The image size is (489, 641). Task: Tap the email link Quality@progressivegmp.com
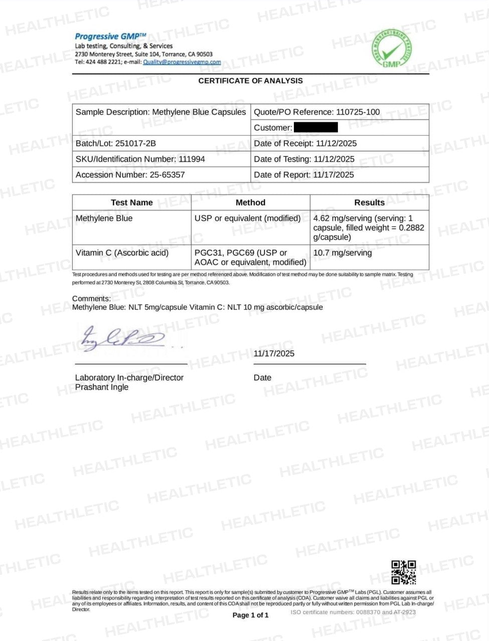(182, 62)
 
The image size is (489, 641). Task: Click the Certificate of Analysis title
(250, 81)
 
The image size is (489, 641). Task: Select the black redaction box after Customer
(315, 127)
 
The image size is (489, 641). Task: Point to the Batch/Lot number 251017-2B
(136, 143)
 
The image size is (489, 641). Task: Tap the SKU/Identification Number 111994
(192, 159)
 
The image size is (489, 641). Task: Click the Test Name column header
(131, 202)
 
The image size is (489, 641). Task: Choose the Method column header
(250, 202)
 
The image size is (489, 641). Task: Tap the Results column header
(369, 202)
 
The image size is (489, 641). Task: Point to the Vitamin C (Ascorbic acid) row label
(122, 253)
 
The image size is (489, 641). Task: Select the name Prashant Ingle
(102, 387)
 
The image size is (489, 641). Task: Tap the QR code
(404, 572)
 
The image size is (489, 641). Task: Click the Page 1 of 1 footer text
(250, 615)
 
